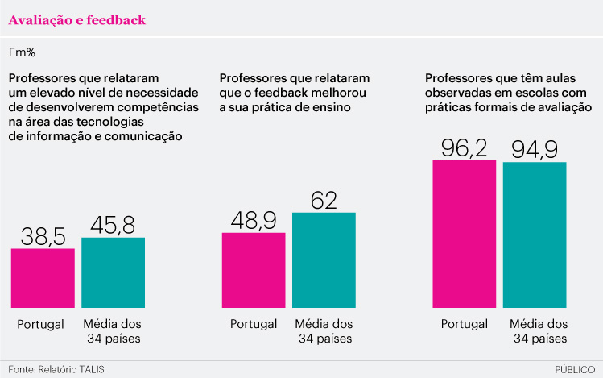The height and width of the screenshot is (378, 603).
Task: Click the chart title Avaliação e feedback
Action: pyautogui.click(x=77, y=20)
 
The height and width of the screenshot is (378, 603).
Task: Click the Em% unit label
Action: pyautogui.click(x=22, y=52)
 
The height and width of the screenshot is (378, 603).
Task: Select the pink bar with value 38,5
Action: pyautogui.click(x=43, y=278)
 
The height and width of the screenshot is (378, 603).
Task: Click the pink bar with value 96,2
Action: pyautogui.click(x=465, y=234)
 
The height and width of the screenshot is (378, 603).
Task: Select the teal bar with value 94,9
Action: pyautogui.click(x=535, y=235)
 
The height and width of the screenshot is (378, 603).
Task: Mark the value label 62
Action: pyautogui.click(x=324, y=199)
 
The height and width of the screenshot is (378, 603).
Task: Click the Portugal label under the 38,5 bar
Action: pyautogui.click(x=41, y=324)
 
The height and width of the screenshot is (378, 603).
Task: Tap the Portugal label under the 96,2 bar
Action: pyautogui.click(x=465, y=324)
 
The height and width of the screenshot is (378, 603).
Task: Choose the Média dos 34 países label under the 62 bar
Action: pyautogui.click(x=324, y=331)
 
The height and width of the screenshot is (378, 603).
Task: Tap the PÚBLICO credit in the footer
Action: pyautogui.click(x=575, y=369)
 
